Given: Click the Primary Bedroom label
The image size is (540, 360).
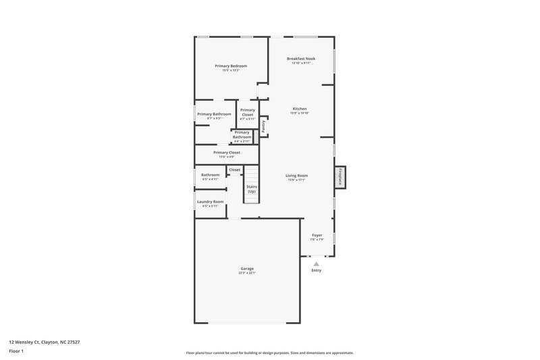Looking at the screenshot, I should tap(231, 66).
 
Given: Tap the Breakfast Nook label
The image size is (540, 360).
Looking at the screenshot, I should tap(300, 59).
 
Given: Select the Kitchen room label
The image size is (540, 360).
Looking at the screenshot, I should tap(300, 109).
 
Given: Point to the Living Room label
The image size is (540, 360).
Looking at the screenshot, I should tap(297, 176).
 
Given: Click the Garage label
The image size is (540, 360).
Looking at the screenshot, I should tap(247, 268).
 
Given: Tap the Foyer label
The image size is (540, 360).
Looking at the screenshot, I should tap(317, 235).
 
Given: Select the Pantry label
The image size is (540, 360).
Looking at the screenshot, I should tap(264, 126).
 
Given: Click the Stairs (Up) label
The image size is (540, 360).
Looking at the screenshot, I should tap(251, 188).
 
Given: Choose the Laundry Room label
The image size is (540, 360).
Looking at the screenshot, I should tap(210, 201).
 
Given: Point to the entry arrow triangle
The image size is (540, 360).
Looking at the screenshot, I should tap(316, 264).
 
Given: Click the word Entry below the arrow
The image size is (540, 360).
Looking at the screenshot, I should tap(316, 271).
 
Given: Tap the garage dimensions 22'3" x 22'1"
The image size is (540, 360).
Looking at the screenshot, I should tap(247, 273).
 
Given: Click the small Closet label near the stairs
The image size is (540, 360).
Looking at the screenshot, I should tap(234, 170).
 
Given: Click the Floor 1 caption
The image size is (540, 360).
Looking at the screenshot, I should tap(16, 352).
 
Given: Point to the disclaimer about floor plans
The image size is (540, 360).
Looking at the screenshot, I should tap(269, 353).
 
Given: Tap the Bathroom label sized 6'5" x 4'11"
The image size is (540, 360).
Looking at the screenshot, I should tap(210, 175).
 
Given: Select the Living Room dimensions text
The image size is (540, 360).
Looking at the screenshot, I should tap(297, 180).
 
